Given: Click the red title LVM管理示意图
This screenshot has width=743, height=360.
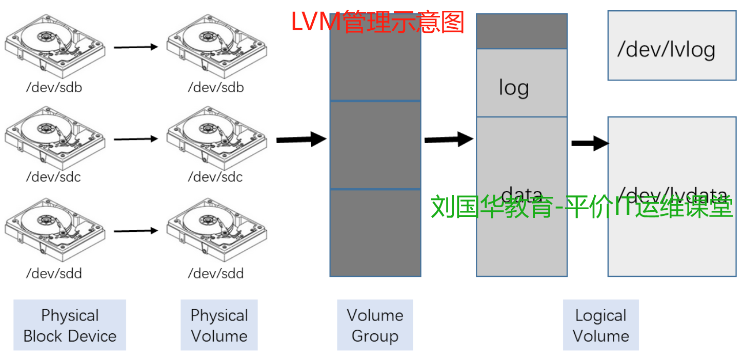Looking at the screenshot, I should pyautogui.click(x=377, y=22).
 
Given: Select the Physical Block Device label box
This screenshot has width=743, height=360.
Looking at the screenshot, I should pyautogui.click(x=70, y=325).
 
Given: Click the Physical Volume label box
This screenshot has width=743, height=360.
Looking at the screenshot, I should pyautogui.click(x=219, y=325).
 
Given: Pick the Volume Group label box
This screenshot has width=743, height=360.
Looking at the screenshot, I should pyautogui.click(x=375, y=325).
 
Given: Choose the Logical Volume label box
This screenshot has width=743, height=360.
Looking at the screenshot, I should pyautogui.click(x=600, y=325).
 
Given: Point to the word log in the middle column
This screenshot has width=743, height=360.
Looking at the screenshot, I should pyautogui.click(x=514, y=88).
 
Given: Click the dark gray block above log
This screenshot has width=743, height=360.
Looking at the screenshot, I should pyautogui.click(x=521, y=31).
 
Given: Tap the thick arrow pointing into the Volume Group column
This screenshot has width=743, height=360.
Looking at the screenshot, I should pyautogui.click(x=302, y=139).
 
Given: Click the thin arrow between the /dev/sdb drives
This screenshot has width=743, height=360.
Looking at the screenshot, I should pyautogui.click(x=135, y=47).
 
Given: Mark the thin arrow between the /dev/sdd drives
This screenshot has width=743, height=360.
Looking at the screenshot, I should pyautogui.click(x=135, y=231).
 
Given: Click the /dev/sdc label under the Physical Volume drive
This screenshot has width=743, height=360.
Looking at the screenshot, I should pyautogui.click(x=215, y=177).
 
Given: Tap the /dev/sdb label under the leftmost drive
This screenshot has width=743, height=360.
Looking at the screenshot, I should pyautogui.click(x=54, y=87).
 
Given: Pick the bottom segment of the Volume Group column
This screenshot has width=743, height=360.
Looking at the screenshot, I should pyautogui.click(x=375, y=233).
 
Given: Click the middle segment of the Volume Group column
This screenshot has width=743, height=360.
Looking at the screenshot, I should pyautogui.click(x=375, y=145).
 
